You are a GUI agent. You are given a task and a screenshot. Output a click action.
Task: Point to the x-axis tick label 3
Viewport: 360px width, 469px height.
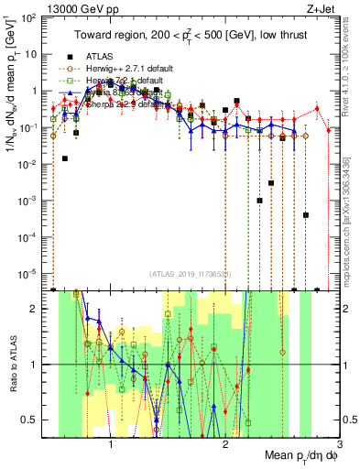(338, 443)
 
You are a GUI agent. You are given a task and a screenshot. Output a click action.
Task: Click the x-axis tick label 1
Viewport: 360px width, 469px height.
(111, 443)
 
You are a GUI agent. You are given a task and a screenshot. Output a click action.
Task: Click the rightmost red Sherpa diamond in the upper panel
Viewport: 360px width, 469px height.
(316, 108)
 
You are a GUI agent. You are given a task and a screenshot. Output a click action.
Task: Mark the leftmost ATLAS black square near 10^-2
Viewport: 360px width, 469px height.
(65, 158)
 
